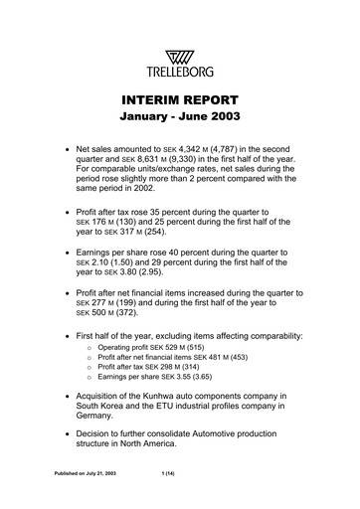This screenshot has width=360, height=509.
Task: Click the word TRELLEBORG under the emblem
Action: pos(179,56)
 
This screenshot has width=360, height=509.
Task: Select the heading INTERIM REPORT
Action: pos(179,102)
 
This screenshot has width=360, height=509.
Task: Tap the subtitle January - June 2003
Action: pos(179,121)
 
